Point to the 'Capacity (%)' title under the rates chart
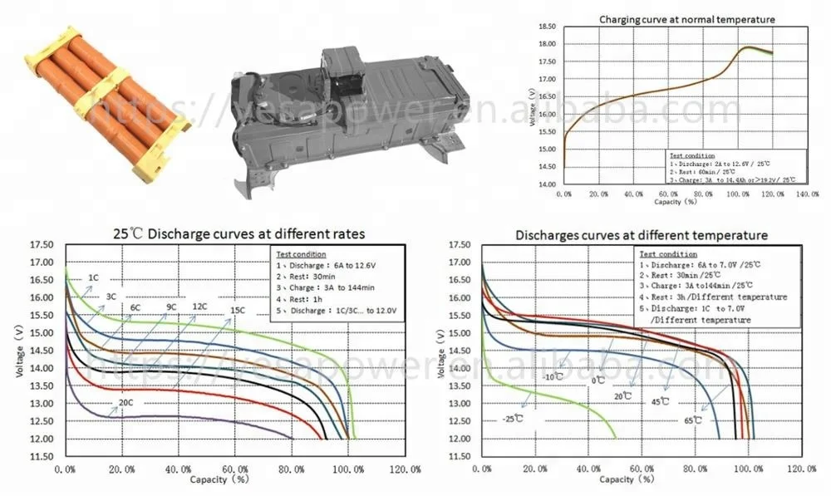point(210,480)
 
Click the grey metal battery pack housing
point(341,116)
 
